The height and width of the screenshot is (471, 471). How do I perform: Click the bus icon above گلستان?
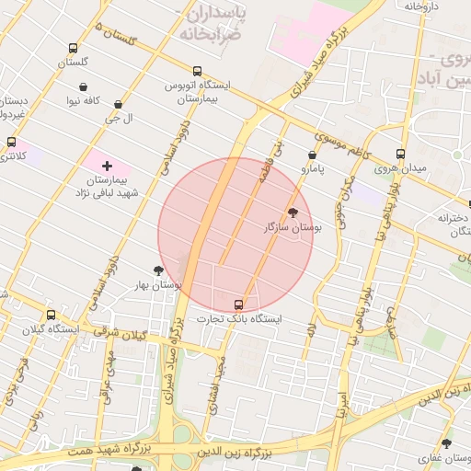coord(73,48)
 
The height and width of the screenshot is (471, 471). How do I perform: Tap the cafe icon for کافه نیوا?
coord(85,86)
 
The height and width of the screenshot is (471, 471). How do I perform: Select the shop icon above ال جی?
coord(118,105)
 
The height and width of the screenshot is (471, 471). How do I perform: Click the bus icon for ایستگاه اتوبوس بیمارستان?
coord(197,71)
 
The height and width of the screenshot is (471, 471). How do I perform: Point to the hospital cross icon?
coord(108,166)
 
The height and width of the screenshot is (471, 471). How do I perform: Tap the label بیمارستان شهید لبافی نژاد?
coord(107,188)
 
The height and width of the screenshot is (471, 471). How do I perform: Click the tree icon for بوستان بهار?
coord(159,270)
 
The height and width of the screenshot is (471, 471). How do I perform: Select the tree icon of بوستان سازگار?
coord(293,212)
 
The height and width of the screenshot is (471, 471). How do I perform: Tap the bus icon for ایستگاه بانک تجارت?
coord(239,304)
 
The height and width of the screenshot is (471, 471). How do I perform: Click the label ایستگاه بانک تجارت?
coord(239,319)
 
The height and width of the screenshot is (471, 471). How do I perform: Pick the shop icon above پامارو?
coord(313,155)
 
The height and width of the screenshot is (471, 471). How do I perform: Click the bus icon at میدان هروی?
coord(400,154)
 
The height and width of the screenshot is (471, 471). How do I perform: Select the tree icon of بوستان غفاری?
coord(447,443)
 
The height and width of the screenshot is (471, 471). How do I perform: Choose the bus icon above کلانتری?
coord(11,142)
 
